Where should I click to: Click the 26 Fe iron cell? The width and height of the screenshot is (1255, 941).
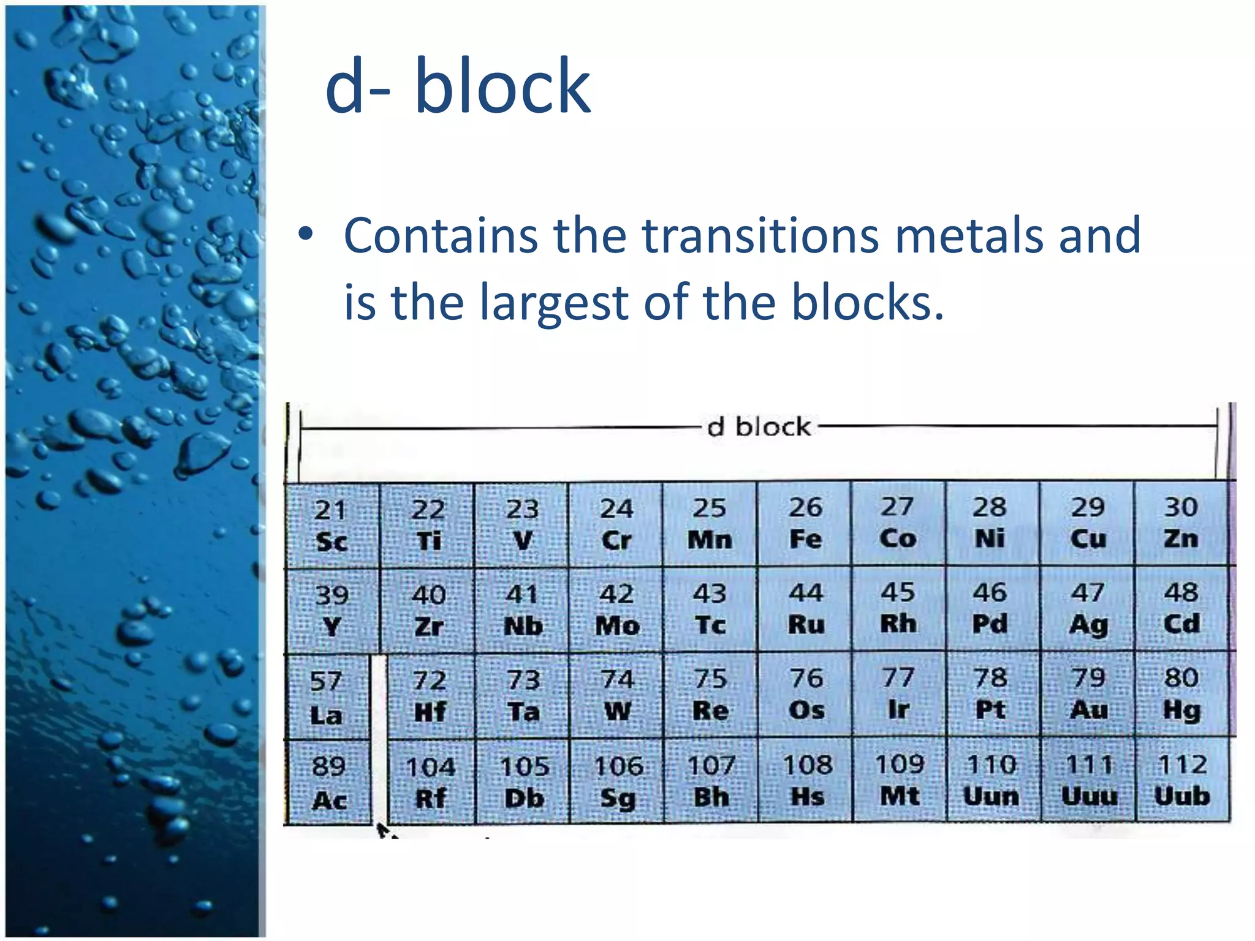point(805,523)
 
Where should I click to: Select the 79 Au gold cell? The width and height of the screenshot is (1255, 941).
point(1088,694)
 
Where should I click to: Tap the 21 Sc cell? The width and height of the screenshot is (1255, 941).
point(332,526)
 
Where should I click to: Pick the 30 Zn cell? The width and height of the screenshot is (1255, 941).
point(1181,523)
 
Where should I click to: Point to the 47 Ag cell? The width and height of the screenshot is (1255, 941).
point(1088,609)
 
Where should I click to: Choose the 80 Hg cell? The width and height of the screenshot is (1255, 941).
point(1181,694)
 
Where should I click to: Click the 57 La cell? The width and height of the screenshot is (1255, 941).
point(327,697)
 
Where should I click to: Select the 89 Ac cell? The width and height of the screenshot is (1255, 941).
point(328,783)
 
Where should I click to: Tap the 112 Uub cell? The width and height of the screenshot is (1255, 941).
point(1183,780)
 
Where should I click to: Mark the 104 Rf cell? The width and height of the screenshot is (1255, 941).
point(431,782)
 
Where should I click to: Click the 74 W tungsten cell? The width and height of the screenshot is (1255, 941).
point(617,695)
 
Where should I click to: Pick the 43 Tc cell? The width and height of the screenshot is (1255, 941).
point(710,609)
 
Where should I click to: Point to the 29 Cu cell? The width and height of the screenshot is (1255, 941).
point(1088,523)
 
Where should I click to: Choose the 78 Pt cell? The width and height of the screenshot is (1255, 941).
point(990,694)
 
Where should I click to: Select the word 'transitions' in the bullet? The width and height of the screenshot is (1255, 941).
point(760,235)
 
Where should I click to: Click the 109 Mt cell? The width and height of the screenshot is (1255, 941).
point(899,780)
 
